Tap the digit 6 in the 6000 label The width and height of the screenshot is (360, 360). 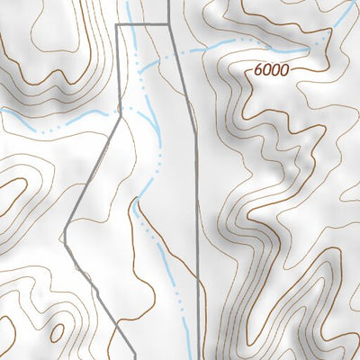[259, 67]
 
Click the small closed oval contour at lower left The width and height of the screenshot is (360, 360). [56, 334]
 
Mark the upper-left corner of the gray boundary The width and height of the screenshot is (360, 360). [118, 25]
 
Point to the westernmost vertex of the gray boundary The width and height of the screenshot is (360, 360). [66, 237]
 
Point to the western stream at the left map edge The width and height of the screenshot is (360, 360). [2, 109]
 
